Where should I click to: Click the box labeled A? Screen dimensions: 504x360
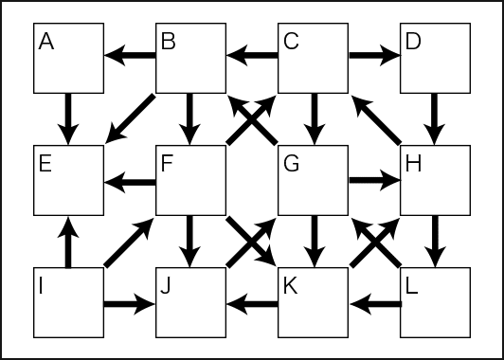click(x=68, y=58)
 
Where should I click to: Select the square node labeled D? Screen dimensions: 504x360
click(x=435, y=58)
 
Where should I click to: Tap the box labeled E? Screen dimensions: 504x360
click(x=68, y=180)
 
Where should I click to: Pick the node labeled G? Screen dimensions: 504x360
click(x=313, y=180)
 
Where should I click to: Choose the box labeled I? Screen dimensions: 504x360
click(x=68, y=302)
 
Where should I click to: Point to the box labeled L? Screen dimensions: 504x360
click(x=435, y=302)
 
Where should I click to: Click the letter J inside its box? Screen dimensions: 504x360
click(x=165, y=284)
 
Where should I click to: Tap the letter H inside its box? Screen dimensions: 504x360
click(x=412, y=162)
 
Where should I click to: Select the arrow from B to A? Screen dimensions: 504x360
click(x=130, y=58)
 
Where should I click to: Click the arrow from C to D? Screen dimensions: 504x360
click(x=374, y=58)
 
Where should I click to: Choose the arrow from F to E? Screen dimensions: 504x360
click(x=130, y=180)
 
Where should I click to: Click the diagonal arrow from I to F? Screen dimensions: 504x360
click(x=130, y=242)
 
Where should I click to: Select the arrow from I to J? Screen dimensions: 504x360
click(x=130, y=304)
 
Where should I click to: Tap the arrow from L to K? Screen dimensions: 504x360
click(x=374, y=304)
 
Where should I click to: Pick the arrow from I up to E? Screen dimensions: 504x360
click(x=68, y=242)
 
